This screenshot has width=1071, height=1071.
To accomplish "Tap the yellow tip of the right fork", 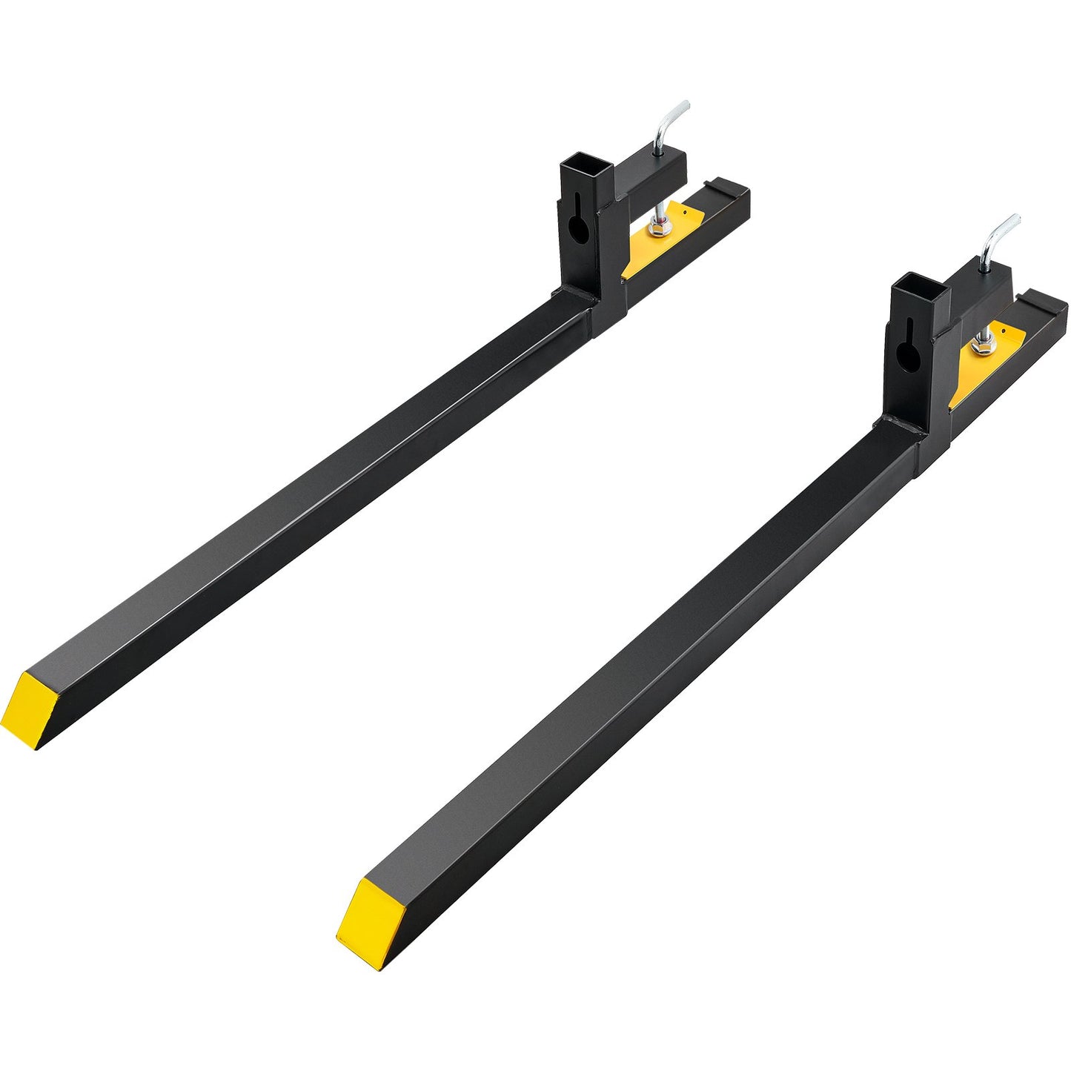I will [x=364, y=923].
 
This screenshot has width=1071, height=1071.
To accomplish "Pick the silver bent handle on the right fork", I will [x=998, y=238].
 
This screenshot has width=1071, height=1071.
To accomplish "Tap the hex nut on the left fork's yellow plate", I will [x=658, y=231].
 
